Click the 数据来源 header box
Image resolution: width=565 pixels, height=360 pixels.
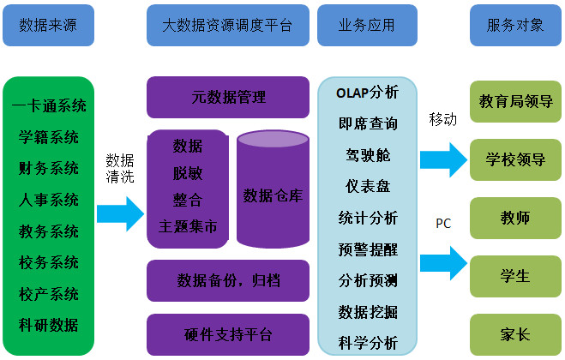[48, 24]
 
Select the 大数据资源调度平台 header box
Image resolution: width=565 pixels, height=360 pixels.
[227, 24]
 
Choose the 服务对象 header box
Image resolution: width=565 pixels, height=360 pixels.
[514, 24]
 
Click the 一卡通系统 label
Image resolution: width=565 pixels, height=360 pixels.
[49, 106]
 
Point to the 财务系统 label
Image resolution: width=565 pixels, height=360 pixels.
[49, 168]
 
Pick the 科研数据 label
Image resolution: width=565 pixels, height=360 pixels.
[49, 325]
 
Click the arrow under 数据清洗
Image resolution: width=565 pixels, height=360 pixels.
[119, 213]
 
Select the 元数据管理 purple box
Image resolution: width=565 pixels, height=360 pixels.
[228, 97]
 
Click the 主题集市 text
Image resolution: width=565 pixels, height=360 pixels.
[188, 227]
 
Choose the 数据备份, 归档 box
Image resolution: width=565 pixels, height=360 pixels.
[228, 280]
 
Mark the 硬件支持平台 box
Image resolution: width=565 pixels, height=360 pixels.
[228, 333]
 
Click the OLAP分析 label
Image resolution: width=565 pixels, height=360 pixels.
[368, 93]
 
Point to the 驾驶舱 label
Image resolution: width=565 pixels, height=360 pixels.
[368, 155]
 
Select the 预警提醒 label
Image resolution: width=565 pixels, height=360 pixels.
[368, 249]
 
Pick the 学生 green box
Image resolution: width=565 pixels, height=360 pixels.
[514, 277]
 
